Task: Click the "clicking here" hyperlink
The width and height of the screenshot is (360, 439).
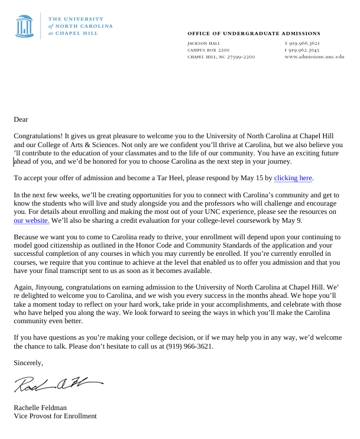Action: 293,178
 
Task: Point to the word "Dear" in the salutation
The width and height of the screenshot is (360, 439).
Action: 21,119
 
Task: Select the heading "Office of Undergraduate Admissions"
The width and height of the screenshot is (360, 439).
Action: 254,34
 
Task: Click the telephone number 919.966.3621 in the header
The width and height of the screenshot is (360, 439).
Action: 304,44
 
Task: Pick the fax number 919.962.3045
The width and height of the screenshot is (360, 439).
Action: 304,50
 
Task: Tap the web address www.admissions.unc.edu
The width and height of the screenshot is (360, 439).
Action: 314,57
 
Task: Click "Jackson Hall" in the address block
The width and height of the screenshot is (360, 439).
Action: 204,44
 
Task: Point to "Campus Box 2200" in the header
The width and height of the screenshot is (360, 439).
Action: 208,50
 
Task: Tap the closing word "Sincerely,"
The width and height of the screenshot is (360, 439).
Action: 28,363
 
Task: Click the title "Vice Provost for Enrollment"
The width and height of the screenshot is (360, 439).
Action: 55,416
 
